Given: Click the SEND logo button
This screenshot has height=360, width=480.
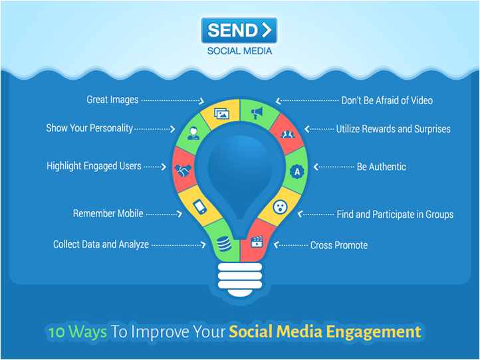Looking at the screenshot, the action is point(239,30).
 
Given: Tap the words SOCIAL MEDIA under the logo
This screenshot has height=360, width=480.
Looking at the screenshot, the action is point(239,50).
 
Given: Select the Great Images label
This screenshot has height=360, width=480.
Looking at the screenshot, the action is point(112,100).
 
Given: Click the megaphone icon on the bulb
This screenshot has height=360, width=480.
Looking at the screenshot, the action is point(257,113).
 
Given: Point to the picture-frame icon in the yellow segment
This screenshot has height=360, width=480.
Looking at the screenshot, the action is point(222,114).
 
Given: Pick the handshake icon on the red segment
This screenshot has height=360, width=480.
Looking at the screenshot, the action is point(183,170).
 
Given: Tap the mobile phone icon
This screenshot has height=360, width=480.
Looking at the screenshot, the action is point(200,207).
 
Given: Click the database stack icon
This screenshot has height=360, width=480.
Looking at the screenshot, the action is point(224,244).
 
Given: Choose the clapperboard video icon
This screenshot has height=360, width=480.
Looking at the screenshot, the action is point(257,242).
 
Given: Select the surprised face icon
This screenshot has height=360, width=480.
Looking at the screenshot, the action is point(280,207).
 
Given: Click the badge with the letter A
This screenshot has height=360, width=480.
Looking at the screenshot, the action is point(297,172).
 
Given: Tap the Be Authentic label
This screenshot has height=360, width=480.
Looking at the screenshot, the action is point(382,167).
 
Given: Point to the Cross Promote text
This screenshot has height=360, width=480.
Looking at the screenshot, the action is point(339,245).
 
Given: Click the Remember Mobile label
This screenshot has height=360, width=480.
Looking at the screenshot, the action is point(108,213).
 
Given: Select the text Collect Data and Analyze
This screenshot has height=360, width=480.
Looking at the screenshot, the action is point(101,244).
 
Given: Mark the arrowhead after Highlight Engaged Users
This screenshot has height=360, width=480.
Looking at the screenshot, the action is point(164,167).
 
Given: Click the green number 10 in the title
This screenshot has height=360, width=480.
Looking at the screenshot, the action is point(57,332).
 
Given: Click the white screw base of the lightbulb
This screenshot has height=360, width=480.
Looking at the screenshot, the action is point(240,279).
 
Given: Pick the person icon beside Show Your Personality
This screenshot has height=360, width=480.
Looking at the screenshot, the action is point(193,134).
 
